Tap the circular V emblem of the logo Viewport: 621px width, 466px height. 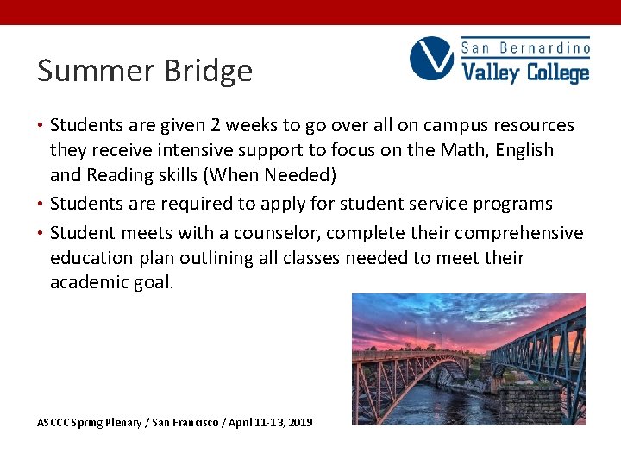431,59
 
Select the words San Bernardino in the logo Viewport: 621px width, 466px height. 525,47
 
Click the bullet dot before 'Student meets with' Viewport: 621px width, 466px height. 41,233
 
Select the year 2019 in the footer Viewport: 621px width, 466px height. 299,423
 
